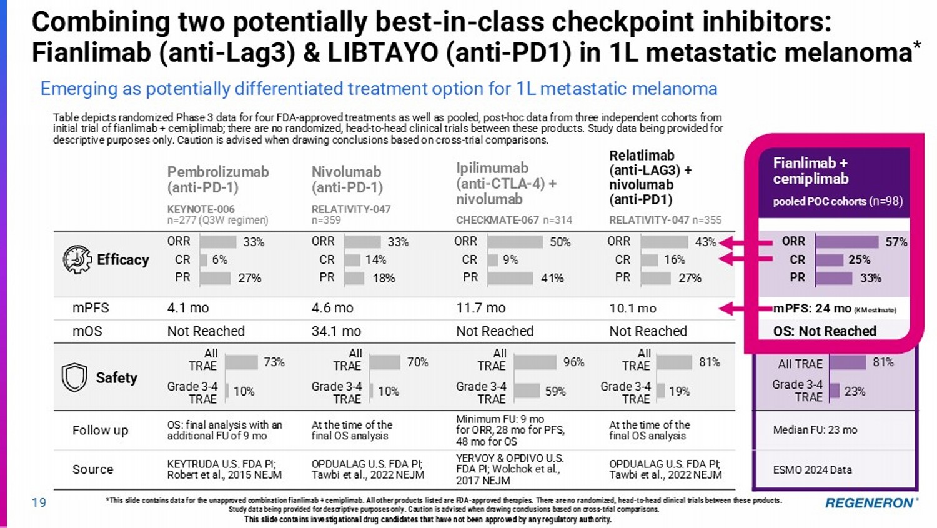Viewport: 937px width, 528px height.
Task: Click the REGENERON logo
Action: (871, 502)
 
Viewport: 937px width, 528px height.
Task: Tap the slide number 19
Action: (39, 502)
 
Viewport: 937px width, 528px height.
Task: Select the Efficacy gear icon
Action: (77, 259)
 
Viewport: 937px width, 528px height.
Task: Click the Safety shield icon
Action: (74, 377)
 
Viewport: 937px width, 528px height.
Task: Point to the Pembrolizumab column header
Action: (217, 179)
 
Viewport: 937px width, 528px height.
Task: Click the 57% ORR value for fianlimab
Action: (896, 242)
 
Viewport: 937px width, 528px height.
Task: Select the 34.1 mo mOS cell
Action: (336, 331)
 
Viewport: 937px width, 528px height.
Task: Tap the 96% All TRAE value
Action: (573, 362)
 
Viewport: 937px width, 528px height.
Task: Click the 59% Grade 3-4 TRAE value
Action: (555, 391)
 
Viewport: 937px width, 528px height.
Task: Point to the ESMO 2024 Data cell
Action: (812, 470)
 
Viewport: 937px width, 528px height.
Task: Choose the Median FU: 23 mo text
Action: (815, 430)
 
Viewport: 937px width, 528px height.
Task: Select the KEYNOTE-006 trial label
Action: (200, 209)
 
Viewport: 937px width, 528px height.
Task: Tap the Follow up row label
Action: (100, 430)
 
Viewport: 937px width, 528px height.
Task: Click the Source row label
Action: (92, 469)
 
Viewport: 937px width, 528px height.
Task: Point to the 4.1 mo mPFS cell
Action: (187, 308)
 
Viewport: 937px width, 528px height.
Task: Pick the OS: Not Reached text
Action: (825, 331)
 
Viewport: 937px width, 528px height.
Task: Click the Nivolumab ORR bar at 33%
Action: (362, 242)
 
